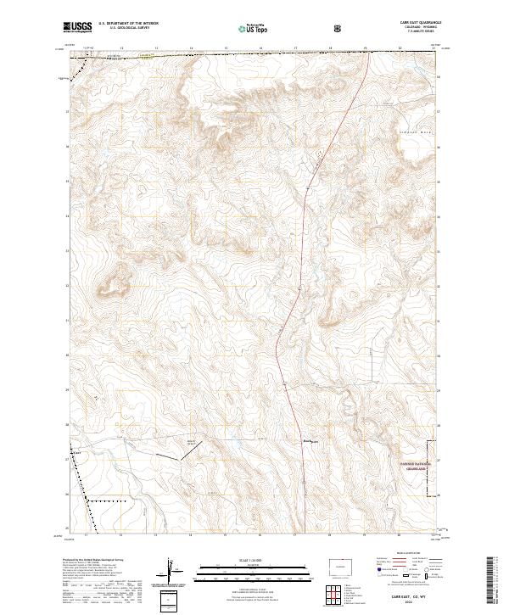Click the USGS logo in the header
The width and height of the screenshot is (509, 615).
(x=77, y=28)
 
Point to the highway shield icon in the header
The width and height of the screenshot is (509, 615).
(x=290, y=28)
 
